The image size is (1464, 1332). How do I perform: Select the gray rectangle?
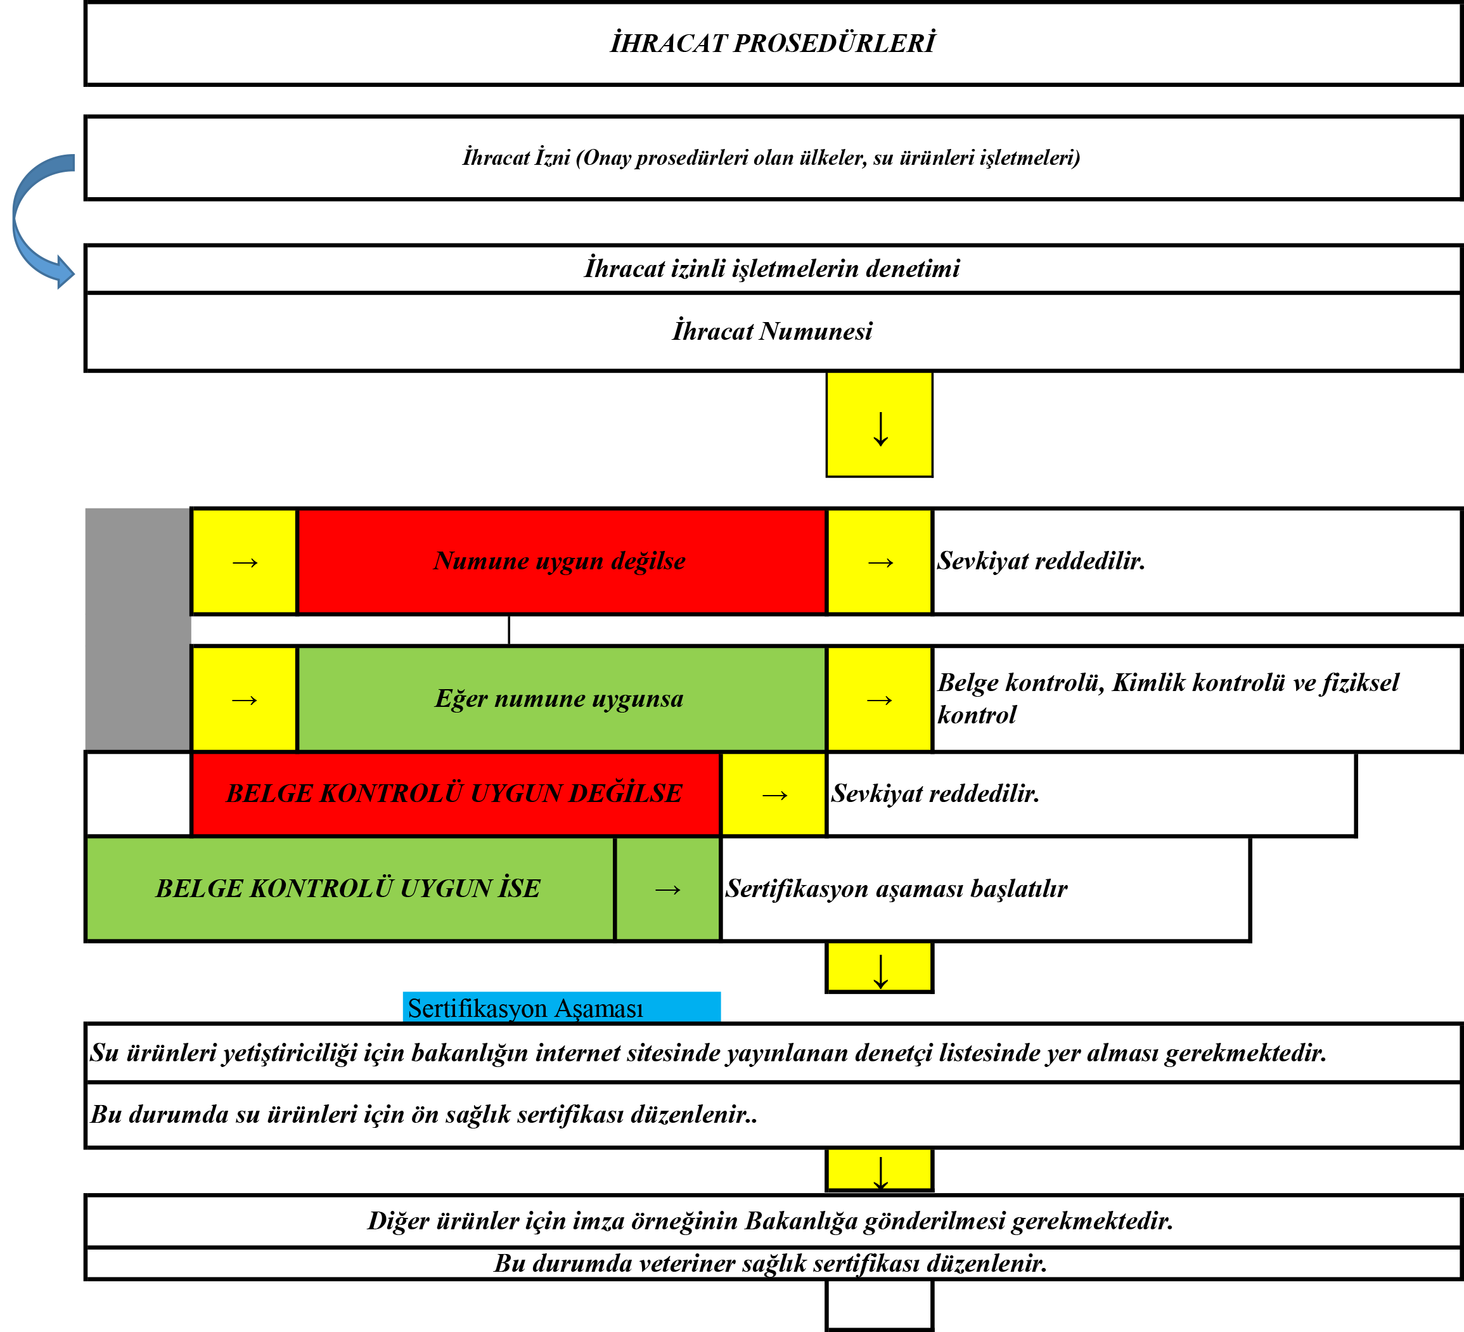(136, 628)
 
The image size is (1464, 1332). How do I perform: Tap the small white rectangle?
(244, 630)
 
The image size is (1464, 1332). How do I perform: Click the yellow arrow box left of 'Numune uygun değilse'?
(244, 562)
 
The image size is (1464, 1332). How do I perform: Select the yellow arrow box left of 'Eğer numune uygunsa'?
(244, 699)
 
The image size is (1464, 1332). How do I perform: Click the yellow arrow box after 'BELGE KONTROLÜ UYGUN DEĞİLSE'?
(773, 794)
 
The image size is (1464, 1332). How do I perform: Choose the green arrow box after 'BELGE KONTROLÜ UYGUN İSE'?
(667, 888)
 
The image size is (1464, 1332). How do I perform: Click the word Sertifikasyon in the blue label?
(477, 1008)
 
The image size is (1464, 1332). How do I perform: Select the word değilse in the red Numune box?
(648, 560)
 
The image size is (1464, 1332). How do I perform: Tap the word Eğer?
(460, 699)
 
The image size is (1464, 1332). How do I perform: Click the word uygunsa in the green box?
(637, 699)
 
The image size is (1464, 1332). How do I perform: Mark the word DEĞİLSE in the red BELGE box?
(626, 793)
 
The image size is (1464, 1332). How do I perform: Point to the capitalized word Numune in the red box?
(481, 560)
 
